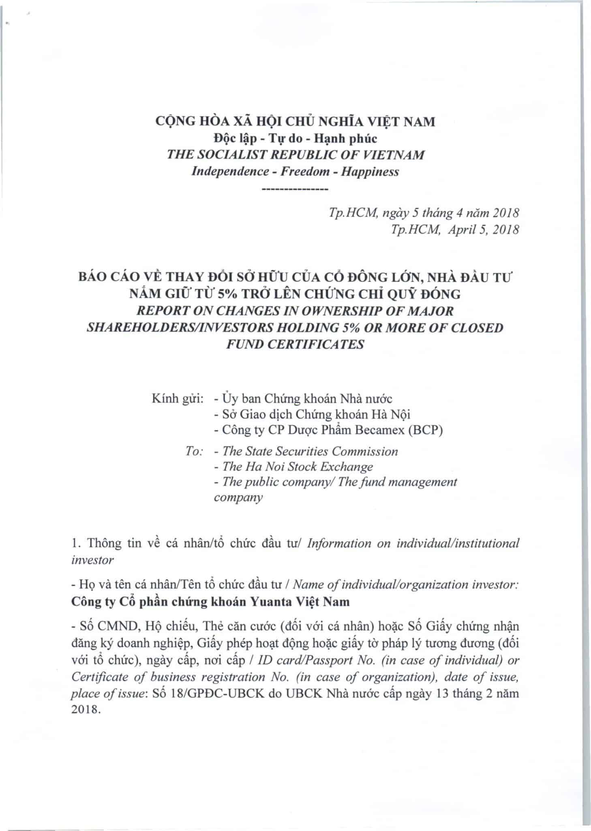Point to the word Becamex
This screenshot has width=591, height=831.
point(380,430)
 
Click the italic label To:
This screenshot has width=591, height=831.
point(194,452)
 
